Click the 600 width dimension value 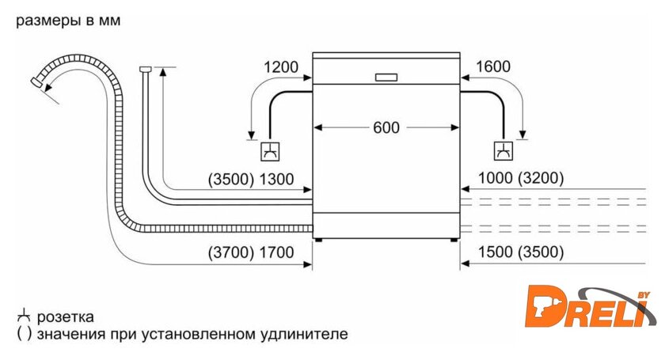click(x=386, y=127)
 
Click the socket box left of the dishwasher click(x=271, y=150)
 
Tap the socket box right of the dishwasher click(x=502, y=150)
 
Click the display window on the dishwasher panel click(x=386, y=78)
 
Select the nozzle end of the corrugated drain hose click(x=36, y=80)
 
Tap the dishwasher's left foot click(x=318, y=237)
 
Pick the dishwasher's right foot click(x=454, y=237)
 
